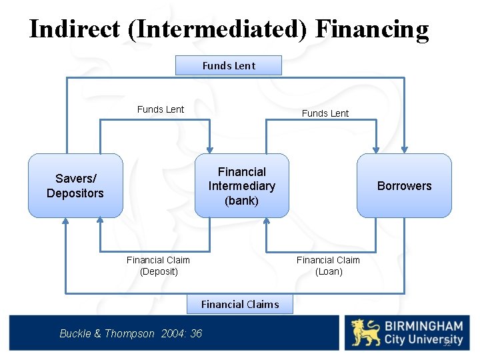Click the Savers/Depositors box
pyautogui.click(x=75, y=186)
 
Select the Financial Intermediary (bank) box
pyautogui.click(x=241, y=186)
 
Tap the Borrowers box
pyautogui.click(x=404, y=186)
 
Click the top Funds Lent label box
pyautogui.click(x=229, y=65)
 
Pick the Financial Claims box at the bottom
pyautogui.click(x=240, y=304)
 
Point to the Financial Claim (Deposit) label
pyautogui.click(x=158, y=266)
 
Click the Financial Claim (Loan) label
pyautogui.click(x=328, y=266)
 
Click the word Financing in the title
pyautogui.click(x=372, y=29)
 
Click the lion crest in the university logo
pyautogui.click(x=366, y=333)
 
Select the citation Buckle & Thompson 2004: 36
pyautogui.click(x=131, y=333)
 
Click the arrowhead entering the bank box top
pyautogui.click(x=210, y=149)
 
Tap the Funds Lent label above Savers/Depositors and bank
pyautogui.click(x=161, y=109)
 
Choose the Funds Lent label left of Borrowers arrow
pyautogui.click(x=325, y=113)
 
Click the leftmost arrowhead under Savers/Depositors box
pyautogui.click(x=65, y=222)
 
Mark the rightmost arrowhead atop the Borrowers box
pyautogui.click(x=404, y=149)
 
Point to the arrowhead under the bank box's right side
pyautogui.click(x=266, y=222)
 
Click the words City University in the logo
pyautogui.click(x=423, y=340)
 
